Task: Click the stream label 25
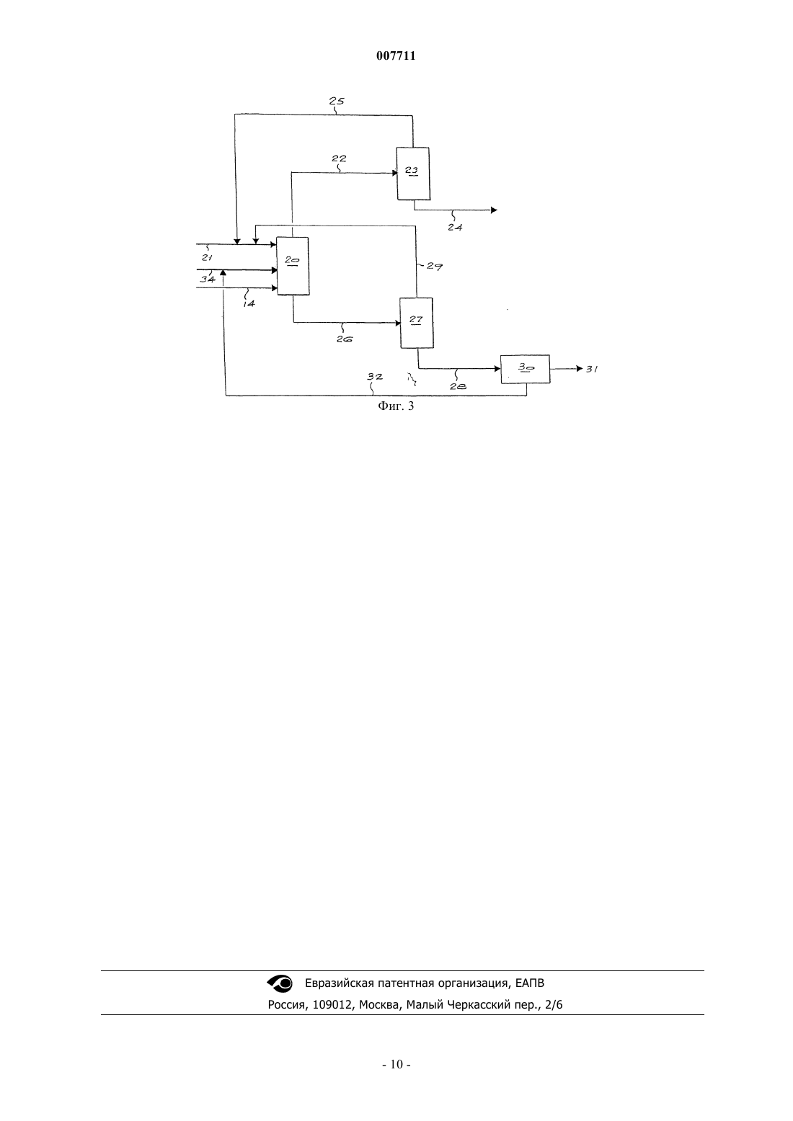click(x=337, y=101)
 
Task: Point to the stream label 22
click(x=339, y=158)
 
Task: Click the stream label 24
click(x=455, y=227)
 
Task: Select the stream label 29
click(x=435, y=267)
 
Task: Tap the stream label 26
click(x=345, y=339)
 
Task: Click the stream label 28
click(x=458, y=386)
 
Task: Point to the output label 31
click(x=593, y=370)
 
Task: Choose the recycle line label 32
click(x=375, y=376)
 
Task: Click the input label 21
click(x=208, y=258)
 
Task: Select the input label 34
click(x=208, y=279)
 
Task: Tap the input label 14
click(x=249, y=303)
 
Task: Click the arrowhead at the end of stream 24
click(x=494, y=210)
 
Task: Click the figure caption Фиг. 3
click(x=396, y=406)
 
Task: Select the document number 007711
click(x=396, y=56)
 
